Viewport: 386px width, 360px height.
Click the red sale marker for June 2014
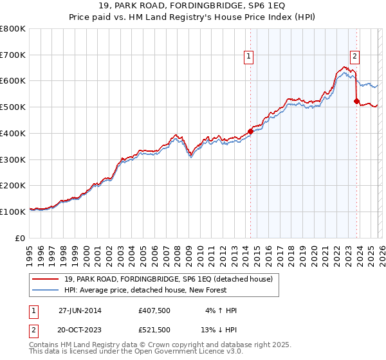click(250, 131)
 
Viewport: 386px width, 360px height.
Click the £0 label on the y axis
click(21, 238)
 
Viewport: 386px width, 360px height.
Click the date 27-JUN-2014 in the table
click(80, 310)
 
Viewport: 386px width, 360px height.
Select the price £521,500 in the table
click(154, 330)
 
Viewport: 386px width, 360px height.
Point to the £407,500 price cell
click(154, 310)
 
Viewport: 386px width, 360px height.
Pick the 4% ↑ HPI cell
click(221, 310)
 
